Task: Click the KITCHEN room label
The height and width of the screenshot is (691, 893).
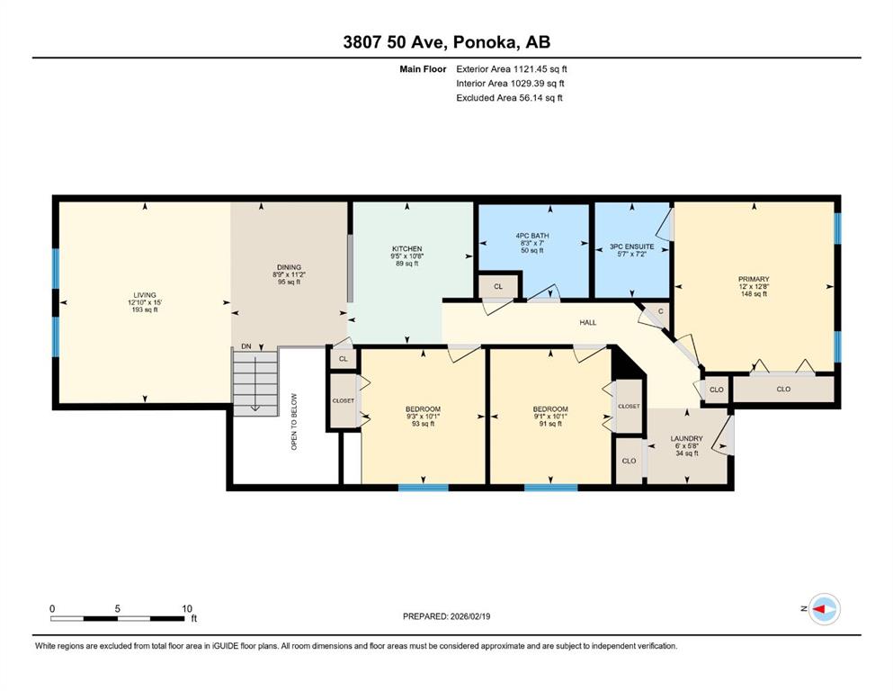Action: [x=406, y=249]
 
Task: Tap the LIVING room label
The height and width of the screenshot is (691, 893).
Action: [x=145, y=295]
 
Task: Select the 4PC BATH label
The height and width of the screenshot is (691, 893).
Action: [x=531, y=236]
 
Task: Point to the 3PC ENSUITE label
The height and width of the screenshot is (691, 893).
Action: [x=631, y=247]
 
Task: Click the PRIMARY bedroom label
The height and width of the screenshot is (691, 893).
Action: [x=754, y=279]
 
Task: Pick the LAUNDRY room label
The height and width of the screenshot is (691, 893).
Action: [x=686, y=439]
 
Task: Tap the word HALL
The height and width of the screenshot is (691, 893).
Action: [x=588, y=322]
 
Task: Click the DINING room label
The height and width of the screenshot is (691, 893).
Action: [x=289, y=267]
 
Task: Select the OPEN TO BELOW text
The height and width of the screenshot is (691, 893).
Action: [x=294, y=422]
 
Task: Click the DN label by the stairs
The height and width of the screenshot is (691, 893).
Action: [x=246, y=346]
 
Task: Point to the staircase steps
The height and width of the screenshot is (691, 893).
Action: [x=255, y=382]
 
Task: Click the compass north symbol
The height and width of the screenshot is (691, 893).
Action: [x=824, y=609]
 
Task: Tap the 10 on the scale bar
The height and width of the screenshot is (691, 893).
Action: [x=187, y=608]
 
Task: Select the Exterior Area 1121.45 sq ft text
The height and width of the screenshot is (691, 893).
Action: [x=512, y=69]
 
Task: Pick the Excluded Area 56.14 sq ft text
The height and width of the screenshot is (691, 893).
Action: [x=509, y=97]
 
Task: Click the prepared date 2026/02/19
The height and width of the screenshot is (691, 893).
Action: [x=469, y=616]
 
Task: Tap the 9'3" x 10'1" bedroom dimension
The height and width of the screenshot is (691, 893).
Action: [x=423, y=417]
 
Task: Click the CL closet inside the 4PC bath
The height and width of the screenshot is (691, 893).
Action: [x=498, y=286]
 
